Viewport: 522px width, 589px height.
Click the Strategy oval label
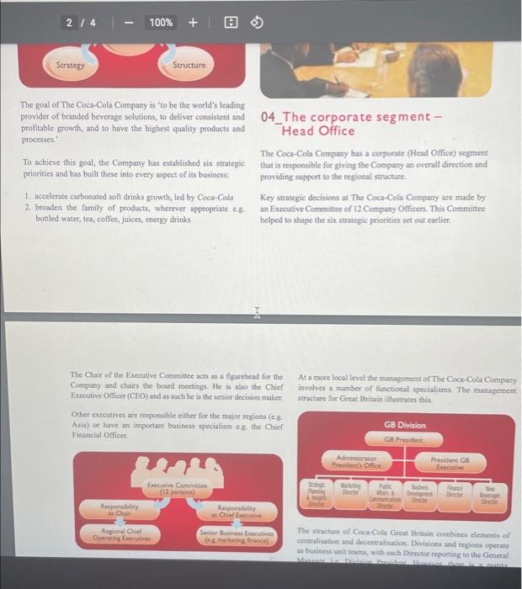point(70,65)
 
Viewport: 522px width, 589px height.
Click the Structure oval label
point(188,65)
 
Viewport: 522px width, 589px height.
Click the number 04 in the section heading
point(269,117)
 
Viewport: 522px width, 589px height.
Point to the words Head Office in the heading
point(318,130)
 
